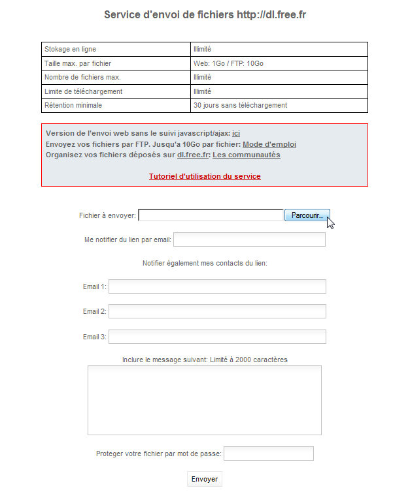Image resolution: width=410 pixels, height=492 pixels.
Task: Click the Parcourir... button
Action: (x=307, y=215)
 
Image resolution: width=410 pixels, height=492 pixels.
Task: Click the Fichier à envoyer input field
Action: (x=211, y=215)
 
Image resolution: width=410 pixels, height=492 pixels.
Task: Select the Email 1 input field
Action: (x=217, y=286)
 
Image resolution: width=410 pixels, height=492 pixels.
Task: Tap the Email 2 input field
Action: (x=217, y=311)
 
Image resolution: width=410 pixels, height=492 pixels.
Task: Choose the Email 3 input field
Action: (x=217, y=337)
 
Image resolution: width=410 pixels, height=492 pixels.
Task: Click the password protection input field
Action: (x=269, y=454)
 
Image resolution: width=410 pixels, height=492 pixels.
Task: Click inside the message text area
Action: (x=204, y=400)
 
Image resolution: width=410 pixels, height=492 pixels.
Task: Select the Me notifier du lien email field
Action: (x=249, y=239)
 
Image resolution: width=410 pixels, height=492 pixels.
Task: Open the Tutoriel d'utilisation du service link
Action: (x=205, y=176)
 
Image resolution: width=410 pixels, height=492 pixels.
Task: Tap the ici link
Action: (x=236, y=133)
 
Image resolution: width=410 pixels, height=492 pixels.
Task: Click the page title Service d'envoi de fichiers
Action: (x=205, y=14)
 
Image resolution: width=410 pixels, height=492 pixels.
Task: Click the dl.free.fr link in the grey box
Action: (x=192, y=155)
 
